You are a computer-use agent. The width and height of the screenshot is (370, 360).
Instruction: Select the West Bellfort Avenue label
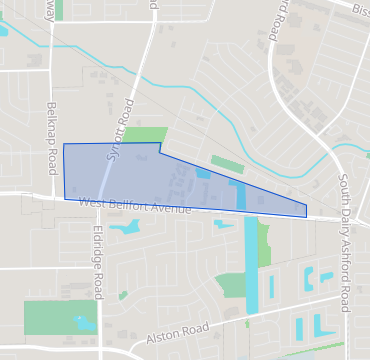[x=134, y=205]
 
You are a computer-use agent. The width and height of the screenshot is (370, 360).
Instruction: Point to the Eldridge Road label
[x=97, y=261]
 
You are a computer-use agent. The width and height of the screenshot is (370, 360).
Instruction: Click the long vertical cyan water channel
[x=250, y=265]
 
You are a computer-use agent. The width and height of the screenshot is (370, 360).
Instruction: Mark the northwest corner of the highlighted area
[x=64, y=145]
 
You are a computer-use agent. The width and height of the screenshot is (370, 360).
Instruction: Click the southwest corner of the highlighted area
[x=65, y=198]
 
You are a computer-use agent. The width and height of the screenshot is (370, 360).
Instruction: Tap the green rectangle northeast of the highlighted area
[x=226, y=162]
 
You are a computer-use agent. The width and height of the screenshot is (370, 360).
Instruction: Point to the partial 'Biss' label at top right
[x=360, y=9]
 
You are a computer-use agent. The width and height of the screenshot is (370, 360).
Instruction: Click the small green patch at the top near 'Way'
[x=59, y=10]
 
